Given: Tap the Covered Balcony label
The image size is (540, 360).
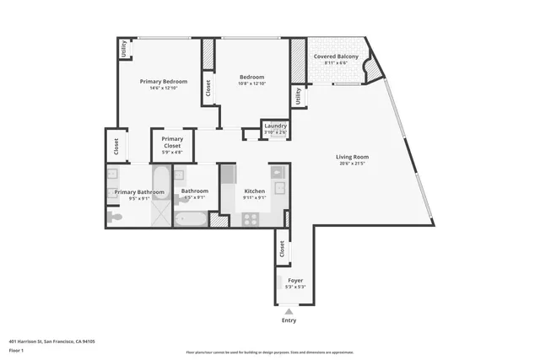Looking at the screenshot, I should tap(336, 56).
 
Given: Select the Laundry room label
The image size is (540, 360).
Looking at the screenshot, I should tap(275, 126).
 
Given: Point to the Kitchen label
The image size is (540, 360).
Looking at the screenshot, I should tap(255, 191).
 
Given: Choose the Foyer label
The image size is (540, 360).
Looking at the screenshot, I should tap(295, 280).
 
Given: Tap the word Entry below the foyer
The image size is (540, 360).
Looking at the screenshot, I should tap(289, 320).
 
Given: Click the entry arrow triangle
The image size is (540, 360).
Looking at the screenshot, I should tap(289, 311).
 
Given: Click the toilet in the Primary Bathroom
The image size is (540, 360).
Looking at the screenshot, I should tap(116, 218).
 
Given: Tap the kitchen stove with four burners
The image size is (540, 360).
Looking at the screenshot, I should tap(251, 218).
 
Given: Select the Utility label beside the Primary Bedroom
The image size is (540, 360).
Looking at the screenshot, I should tap(123, 49).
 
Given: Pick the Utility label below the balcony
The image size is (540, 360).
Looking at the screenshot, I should tap(298, 98).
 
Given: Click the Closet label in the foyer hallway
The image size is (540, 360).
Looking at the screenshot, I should tap(281, 250).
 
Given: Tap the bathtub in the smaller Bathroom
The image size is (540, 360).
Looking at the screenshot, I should tap(190, 219).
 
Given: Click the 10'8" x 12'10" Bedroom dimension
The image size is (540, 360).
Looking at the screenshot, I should tap(252, 83).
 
